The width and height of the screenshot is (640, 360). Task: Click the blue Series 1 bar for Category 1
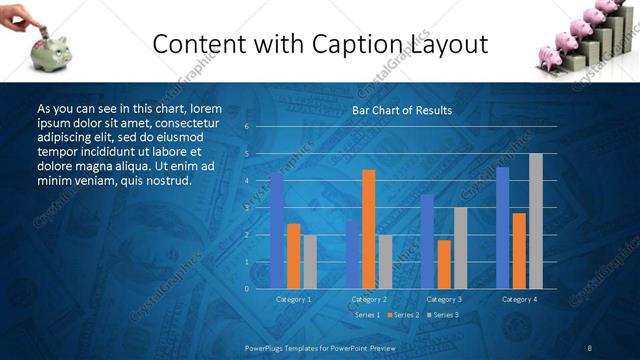tap(277, 231)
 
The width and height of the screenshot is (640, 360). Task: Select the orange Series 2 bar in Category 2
tap(369, 229)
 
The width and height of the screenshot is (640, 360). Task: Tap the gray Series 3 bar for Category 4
tap(536, 221)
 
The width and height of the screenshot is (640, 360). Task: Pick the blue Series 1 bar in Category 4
tap(502, 228)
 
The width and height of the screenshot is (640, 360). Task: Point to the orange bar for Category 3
tap(444, 264)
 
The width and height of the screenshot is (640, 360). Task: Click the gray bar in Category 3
tap(460, 248)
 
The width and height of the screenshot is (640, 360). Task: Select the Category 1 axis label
tap(293, 299)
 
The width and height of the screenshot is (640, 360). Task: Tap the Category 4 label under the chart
tap(519, 299)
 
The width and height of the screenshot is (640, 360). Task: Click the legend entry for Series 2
tap(403, 315)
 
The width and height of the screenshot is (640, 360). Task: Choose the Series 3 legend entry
tap(443, 315)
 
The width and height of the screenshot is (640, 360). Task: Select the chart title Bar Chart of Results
tap(401, 110)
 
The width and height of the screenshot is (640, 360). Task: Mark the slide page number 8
tap(590, 347)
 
